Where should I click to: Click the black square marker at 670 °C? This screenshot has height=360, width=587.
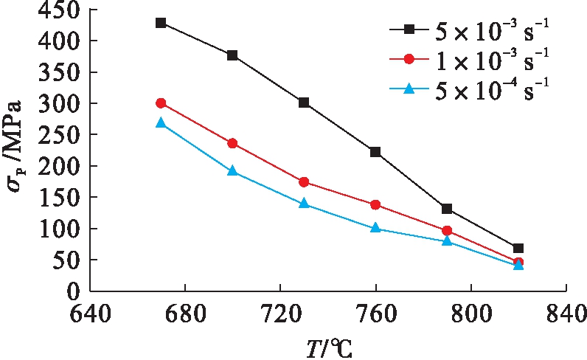click(161, 23)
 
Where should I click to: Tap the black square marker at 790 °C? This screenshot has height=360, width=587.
click(447, 209)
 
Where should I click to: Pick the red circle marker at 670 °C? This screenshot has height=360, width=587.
click(161, 103)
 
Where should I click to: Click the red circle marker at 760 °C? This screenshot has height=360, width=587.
click(375, 204)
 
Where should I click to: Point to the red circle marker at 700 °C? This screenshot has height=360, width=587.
click(232, 143)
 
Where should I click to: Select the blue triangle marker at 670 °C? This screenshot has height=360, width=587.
click(161, 123)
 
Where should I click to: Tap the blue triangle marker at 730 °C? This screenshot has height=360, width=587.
click(304, 203)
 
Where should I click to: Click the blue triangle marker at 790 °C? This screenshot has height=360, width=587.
click(447, 240)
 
